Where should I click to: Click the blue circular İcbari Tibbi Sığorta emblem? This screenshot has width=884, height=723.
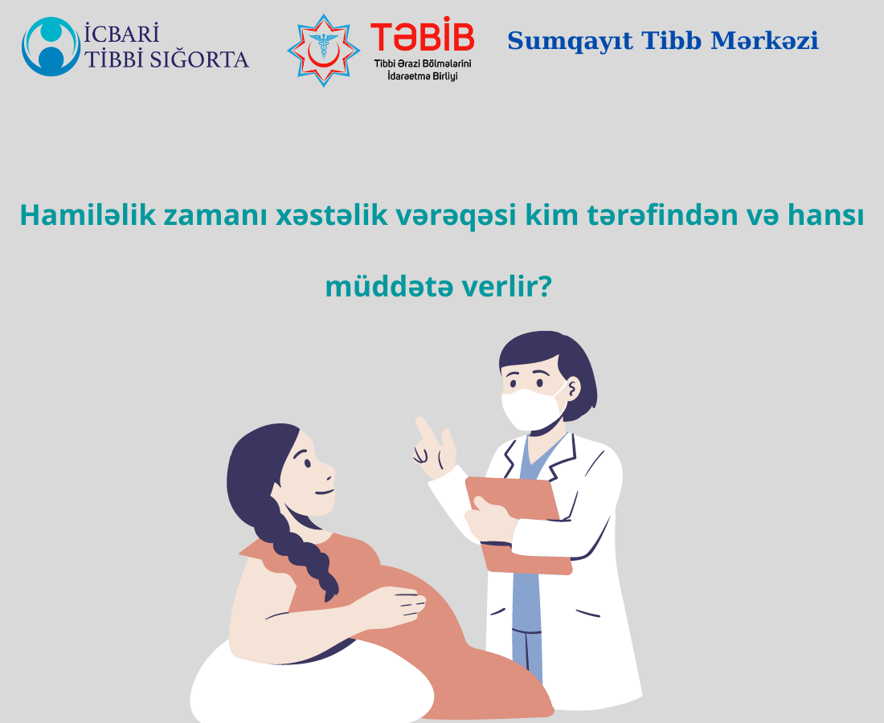[51, 47]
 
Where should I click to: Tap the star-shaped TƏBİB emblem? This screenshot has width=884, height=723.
[324, 50]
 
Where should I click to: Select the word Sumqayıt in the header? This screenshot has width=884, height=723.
[570, 41]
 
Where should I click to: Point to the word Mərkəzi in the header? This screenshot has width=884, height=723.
[764, 41]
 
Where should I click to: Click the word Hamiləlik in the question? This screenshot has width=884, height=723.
[88, 214]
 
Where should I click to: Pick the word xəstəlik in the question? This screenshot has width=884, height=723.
[331, 214]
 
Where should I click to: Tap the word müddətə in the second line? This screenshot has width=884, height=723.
[389, 286]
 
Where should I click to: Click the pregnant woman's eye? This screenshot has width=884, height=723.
[307, 464]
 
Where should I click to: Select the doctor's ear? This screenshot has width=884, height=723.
[573, 389]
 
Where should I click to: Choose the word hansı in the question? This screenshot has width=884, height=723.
[825, 214]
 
